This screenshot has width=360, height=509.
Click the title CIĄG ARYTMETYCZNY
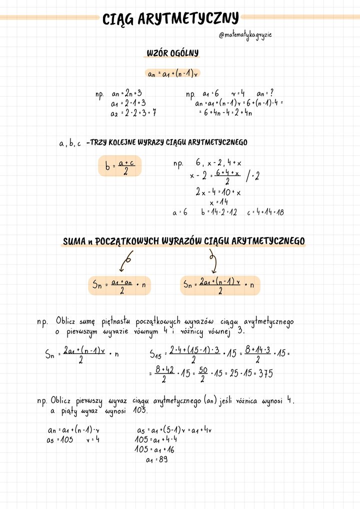click(x=170, y=19)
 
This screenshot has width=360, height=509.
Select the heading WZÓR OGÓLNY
click(x=172, y=53)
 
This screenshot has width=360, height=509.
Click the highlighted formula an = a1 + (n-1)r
click(x=172, y=73)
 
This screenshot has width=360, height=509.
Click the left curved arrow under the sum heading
click(x=125, y=261)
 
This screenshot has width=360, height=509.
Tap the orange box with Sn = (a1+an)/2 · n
click(x=119, y=285)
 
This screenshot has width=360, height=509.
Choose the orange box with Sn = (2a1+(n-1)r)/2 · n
click(x=220, y=285)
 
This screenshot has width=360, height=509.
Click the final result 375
click(x=265, y=373)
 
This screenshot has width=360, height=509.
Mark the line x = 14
click(x=218, y=202)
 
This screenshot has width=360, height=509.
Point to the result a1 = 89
click(x=156, y=459)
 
